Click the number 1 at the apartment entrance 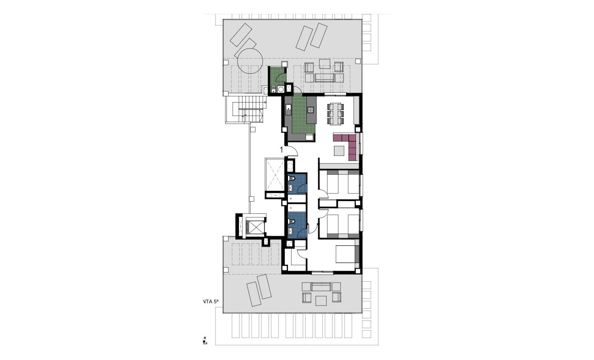[282, 150]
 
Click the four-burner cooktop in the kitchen [310, 109]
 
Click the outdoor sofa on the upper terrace [324, 78]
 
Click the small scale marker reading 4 [205, 337]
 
